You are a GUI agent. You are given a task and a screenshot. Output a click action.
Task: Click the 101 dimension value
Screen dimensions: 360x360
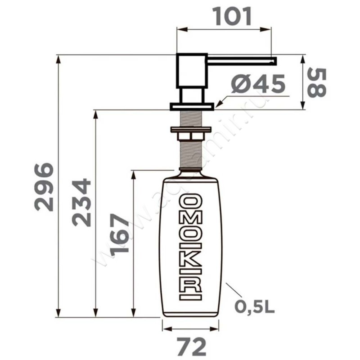point(233,16)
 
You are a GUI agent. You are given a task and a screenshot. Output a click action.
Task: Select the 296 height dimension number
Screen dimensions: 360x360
point(44,187)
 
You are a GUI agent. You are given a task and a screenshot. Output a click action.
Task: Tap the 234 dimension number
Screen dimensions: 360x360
point(81,202)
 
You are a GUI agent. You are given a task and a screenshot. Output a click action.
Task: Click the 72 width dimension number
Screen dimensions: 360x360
point(192,346)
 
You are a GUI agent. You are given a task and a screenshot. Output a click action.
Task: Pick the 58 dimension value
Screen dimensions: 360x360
point(317,82)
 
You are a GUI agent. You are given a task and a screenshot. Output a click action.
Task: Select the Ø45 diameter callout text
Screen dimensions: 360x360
point(258,84)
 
